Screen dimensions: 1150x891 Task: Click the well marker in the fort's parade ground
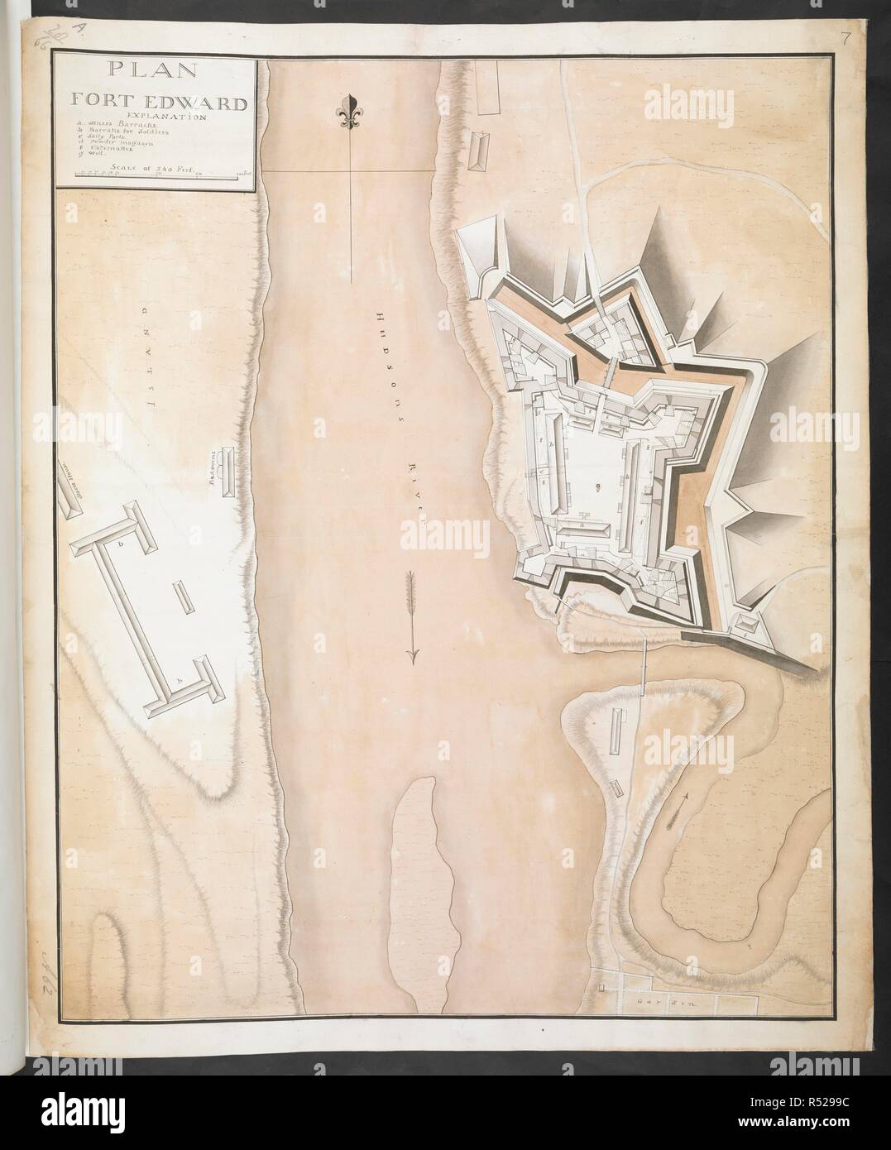pos(598,484)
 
